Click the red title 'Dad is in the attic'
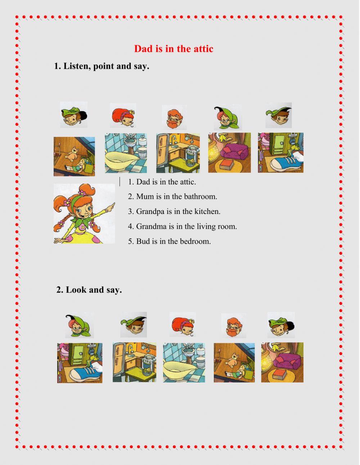click(x=174, y=49)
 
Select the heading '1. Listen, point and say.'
click(x=102, y=66)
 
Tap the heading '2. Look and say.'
click(x=89, y=290)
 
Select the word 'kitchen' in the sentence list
click(x=207, y=211)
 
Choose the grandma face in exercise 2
click(x=79, y=325)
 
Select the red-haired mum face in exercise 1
click(x=123, y=115)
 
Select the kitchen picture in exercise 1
click(x=178, y=153)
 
